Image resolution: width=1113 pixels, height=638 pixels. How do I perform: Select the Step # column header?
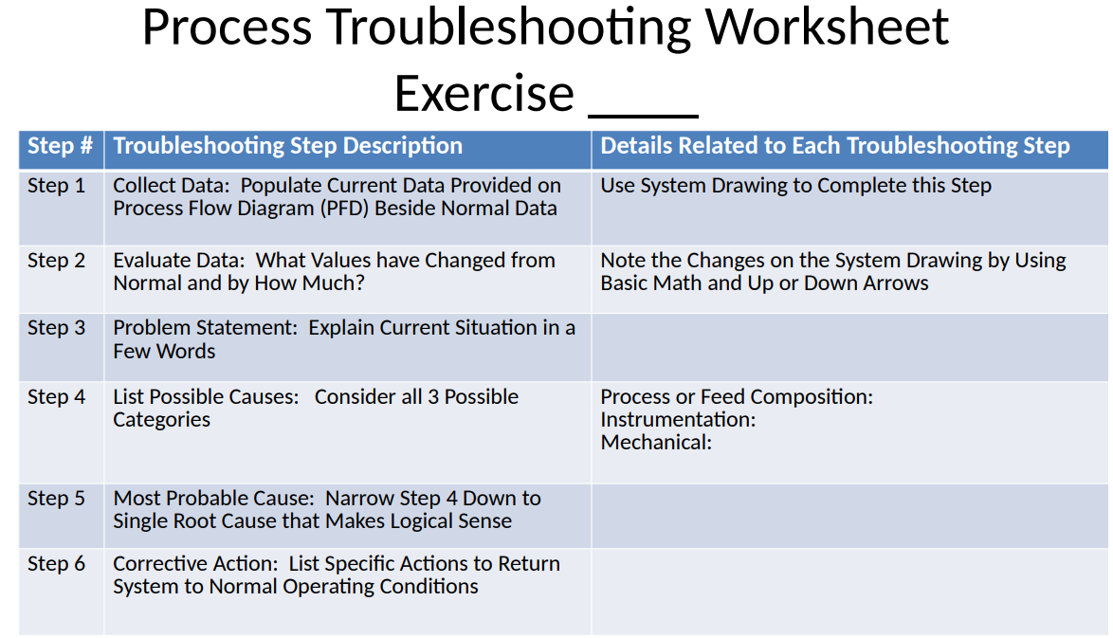coord(60,146)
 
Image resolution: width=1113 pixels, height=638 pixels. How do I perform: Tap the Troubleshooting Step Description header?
coord(287,146)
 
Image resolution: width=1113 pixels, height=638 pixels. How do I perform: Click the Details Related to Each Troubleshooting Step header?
coord(834,146)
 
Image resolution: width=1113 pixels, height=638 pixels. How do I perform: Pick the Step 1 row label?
coord(56,186)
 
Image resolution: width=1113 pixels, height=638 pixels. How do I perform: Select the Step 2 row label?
coord(56,261)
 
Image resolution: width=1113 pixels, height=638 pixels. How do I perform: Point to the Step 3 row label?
coord(56,328)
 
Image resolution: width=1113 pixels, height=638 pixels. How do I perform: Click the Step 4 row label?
coord(56,397)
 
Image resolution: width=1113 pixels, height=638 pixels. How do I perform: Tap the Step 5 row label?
coord(56,499)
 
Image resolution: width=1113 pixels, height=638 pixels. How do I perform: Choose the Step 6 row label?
coord(56,564)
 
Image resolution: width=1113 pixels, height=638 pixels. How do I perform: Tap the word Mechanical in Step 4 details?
coord(653,442)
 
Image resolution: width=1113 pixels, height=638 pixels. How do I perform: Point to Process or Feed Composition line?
coord(736,397)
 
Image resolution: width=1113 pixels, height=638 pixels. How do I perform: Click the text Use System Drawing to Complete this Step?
coord(795,186)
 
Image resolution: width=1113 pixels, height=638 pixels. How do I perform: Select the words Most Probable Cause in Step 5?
coord(212,499)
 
